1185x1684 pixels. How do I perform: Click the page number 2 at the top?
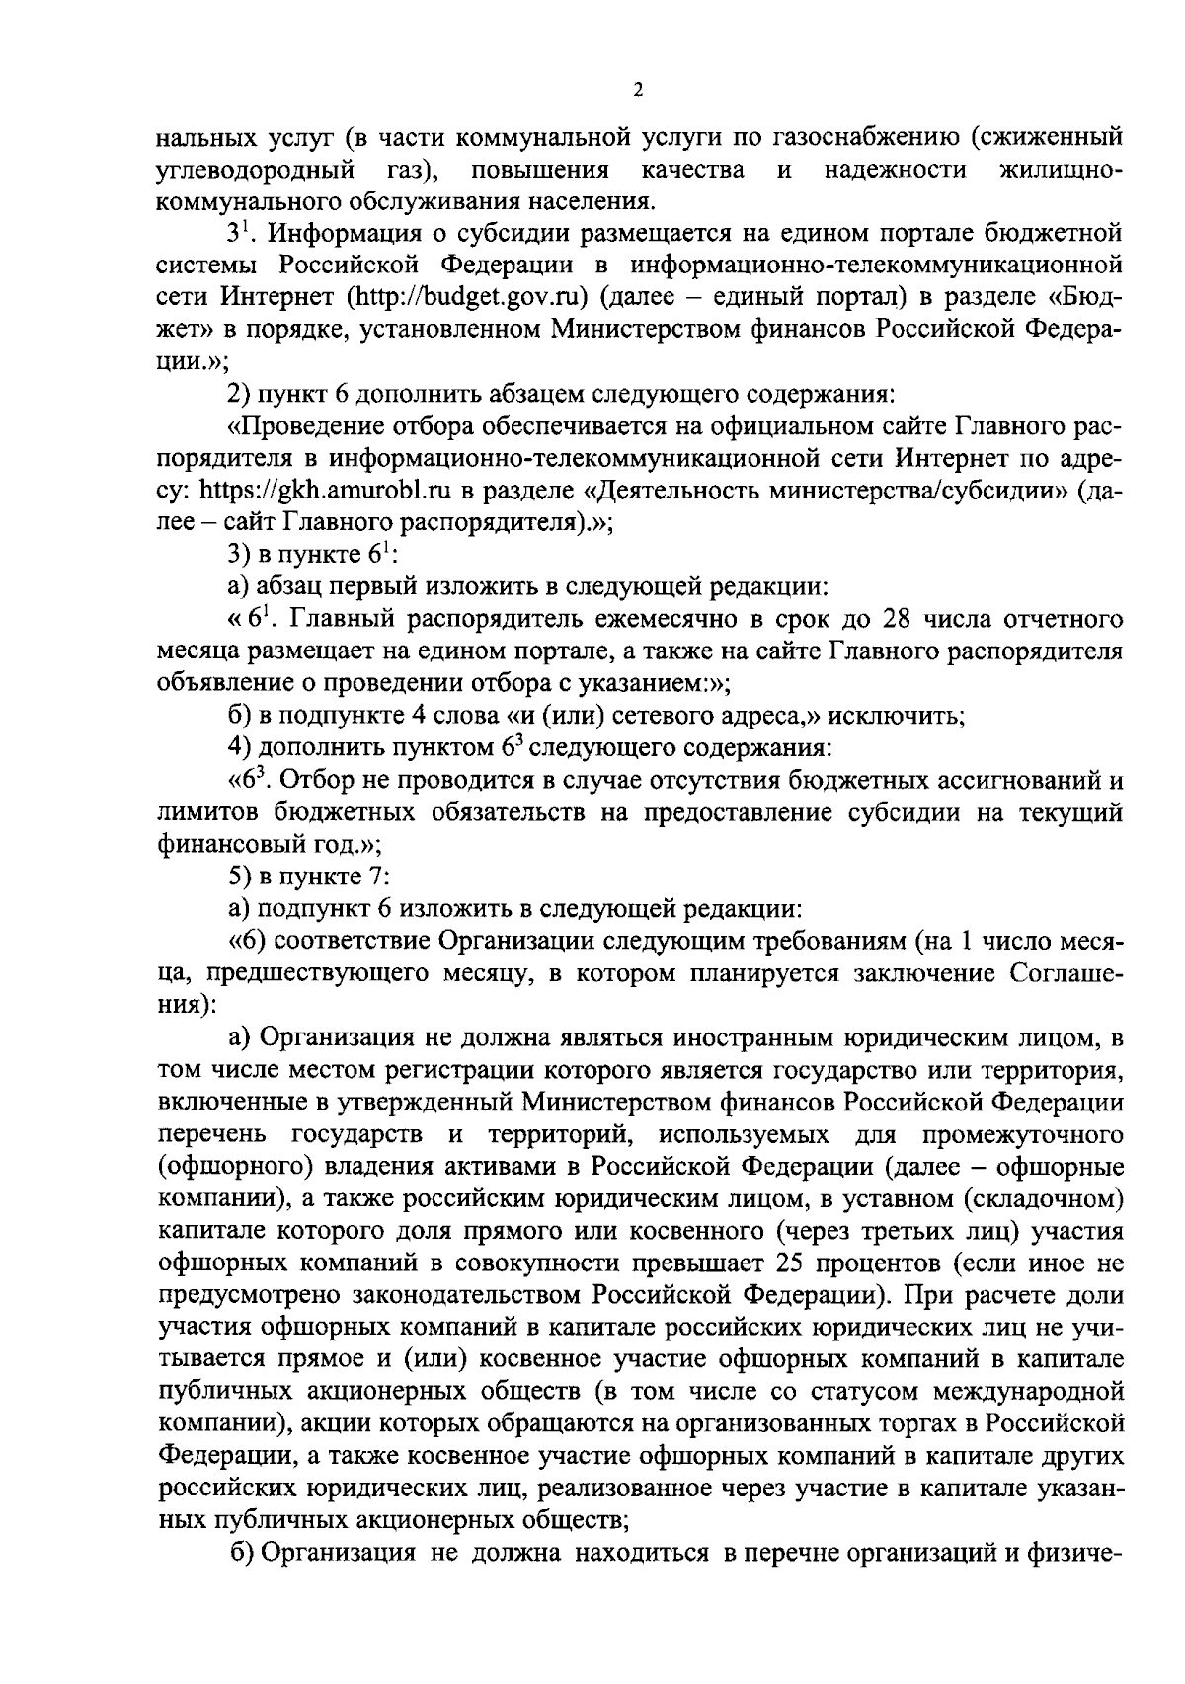(638, 90)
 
